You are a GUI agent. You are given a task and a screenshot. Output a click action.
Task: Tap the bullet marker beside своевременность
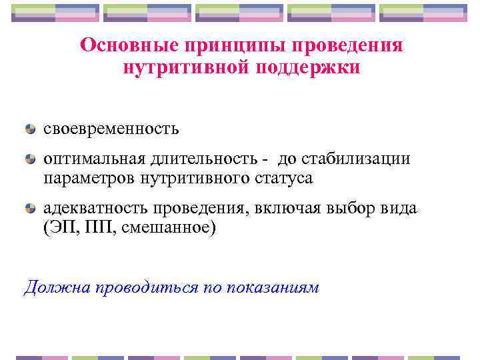click(x=30, y=127)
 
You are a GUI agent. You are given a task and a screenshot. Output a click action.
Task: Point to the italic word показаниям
click(x=273, y=287)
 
